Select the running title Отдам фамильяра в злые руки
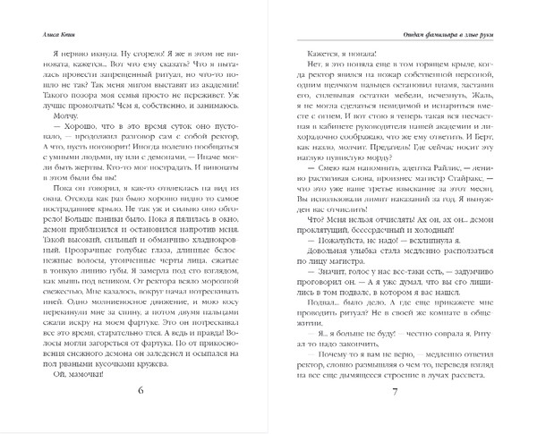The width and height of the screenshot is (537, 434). [x=446, y=35]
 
